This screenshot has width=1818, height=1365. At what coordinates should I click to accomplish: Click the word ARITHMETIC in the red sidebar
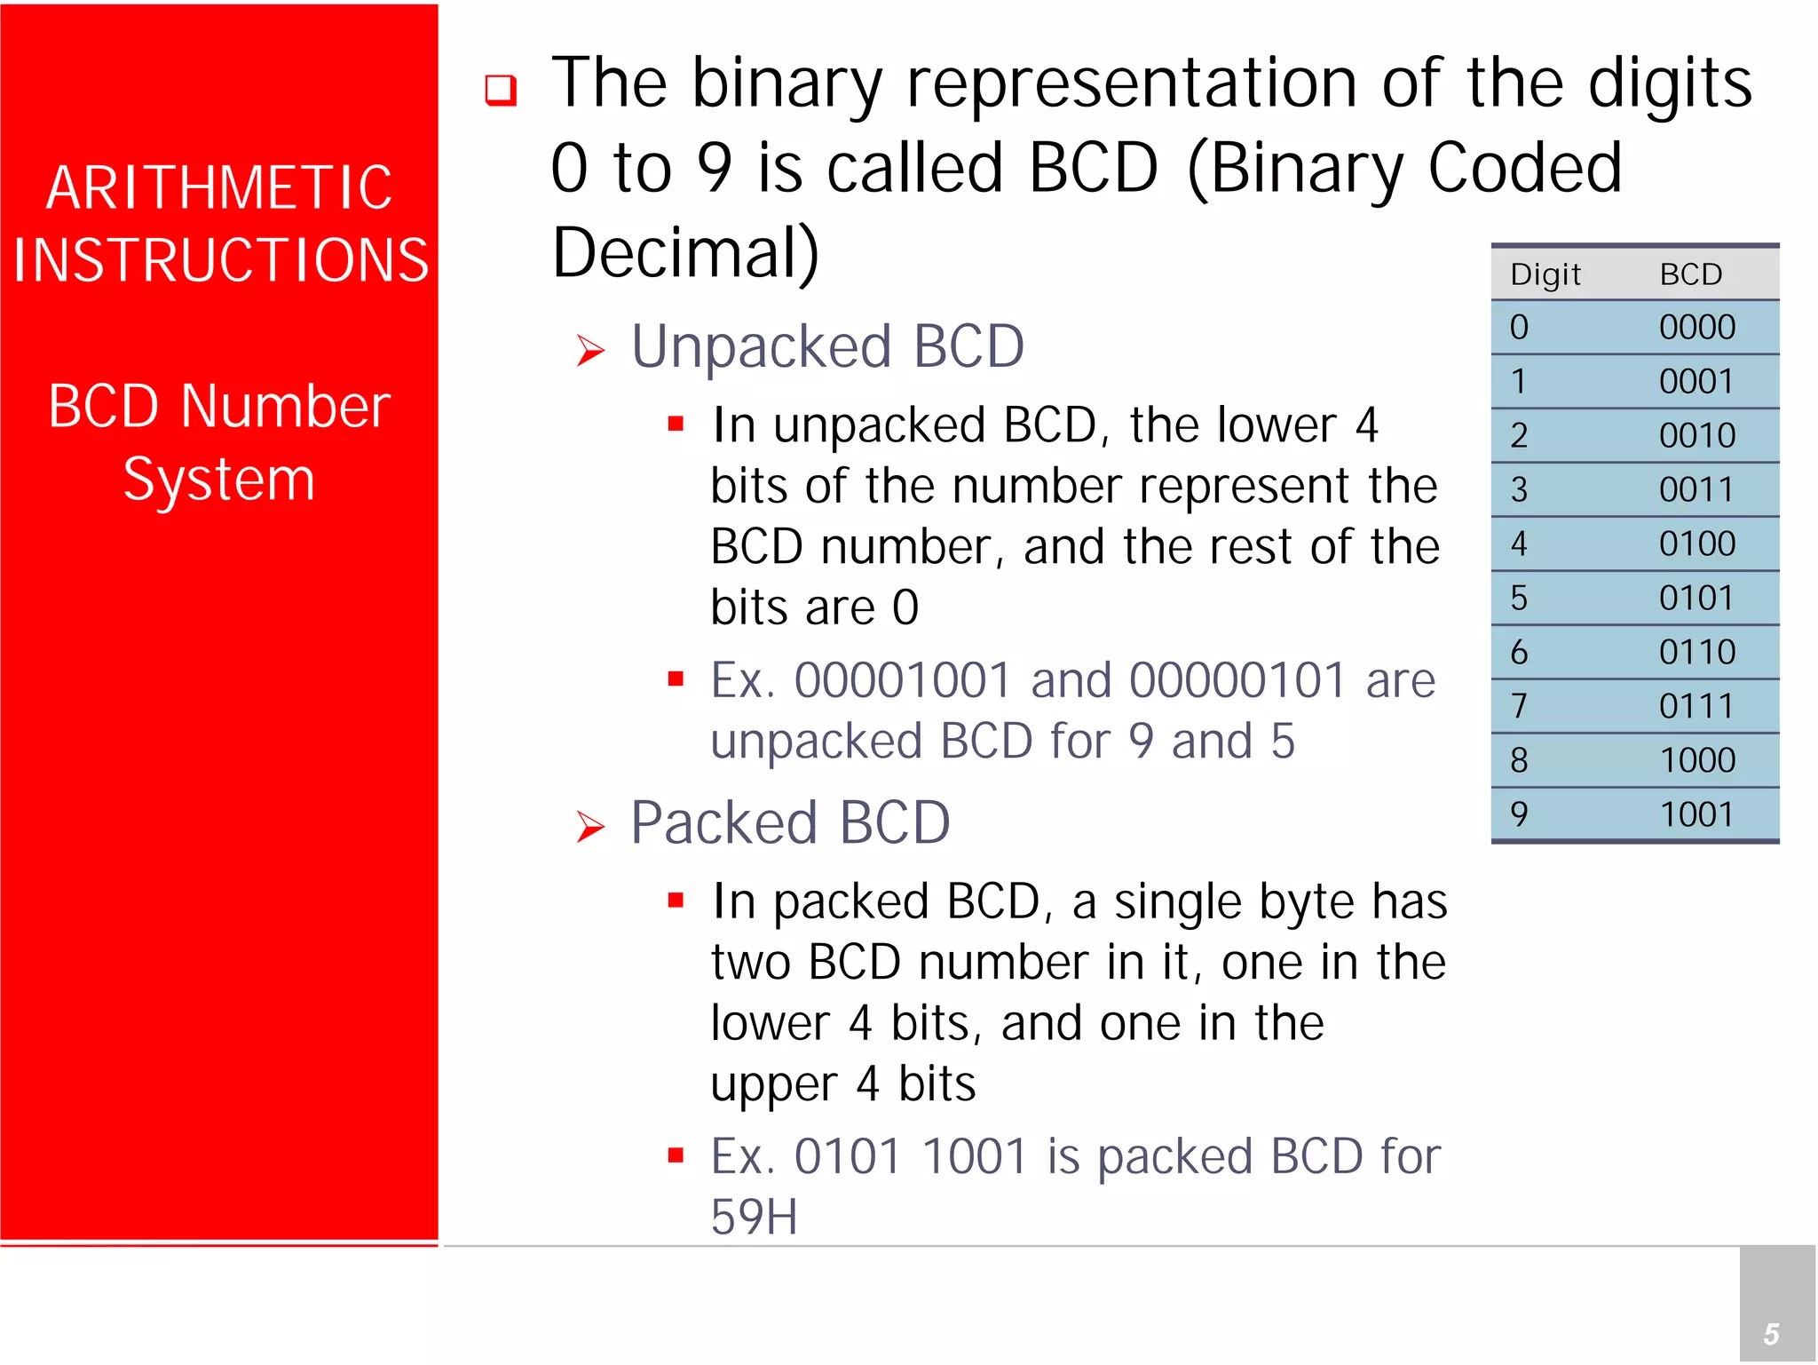click(x=219, y=187)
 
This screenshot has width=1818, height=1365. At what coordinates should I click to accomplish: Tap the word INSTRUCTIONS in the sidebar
click(x=221, y=260)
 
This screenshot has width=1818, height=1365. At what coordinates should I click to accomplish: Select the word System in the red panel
click(x=219, y=480)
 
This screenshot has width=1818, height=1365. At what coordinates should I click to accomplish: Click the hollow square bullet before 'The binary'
click(x=501, y=90)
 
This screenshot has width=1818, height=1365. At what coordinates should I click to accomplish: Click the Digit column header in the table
click(x=1545, y=274)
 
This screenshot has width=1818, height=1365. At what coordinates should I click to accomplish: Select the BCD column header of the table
click(x=1691, y=274)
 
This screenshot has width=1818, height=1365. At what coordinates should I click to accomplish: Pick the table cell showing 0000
click(x=1696, y=328)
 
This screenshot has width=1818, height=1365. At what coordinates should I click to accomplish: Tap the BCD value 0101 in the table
click(x=1696, y=598)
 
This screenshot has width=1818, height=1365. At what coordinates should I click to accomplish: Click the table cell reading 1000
click(x=1696, y=760)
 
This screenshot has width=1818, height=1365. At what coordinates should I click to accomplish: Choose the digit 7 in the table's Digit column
click(x=1519, y=706)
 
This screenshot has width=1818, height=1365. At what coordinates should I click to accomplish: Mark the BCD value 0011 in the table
click(x=1696, y=489)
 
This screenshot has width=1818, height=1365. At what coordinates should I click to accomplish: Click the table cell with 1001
click(x=1696, y=814)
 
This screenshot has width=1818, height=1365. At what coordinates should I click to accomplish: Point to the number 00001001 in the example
click(x=903, y=681)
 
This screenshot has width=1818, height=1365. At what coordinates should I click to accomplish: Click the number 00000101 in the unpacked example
click(x=1237, y=681)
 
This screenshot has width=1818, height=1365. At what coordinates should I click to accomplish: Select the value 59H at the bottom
click(x=754, y=1217)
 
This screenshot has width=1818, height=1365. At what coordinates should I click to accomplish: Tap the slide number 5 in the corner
click(x=1771, y=1334)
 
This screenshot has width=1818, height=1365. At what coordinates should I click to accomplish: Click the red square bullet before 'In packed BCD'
click(x=676, y=901)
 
